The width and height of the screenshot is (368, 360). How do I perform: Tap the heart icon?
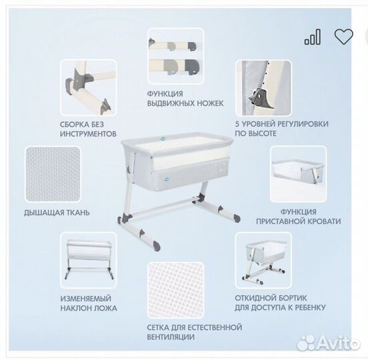click(343, 37)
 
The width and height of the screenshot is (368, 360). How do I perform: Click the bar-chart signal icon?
click(312, 37)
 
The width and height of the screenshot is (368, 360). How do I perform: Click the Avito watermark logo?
click(327, 342)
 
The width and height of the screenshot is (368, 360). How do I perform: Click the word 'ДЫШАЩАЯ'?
click(43, 213)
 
